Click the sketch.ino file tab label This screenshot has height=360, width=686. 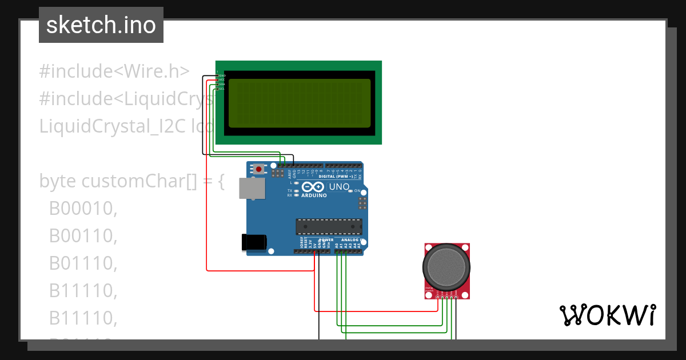click(x=101, y=25)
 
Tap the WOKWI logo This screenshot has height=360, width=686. click(x=607, y=315)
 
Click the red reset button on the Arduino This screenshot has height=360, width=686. click(x=260, y=169)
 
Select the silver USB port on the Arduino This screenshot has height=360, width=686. click(x=252, y=188)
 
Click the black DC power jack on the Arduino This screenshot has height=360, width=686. click(x=254, y=242)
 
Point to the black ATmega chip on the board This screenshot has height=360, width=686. click(x=328, y=227)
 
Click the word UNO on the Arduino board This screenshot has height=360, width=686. click(x=339, y=187)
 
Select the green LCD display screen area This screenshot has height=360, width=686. click(x=300, y=103)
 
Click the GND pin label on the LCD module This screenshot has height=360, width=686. click(x=222, y=75)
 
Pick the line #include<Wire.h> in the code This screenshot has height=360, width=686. click(x=114, y=71)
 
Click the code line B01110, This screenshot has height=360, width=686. click(x=83, y=263)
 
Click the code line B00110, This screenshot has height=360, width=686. click(x=83, y=236)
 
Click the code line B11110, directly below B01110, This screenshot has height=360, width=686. click(x=83, y=291)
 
